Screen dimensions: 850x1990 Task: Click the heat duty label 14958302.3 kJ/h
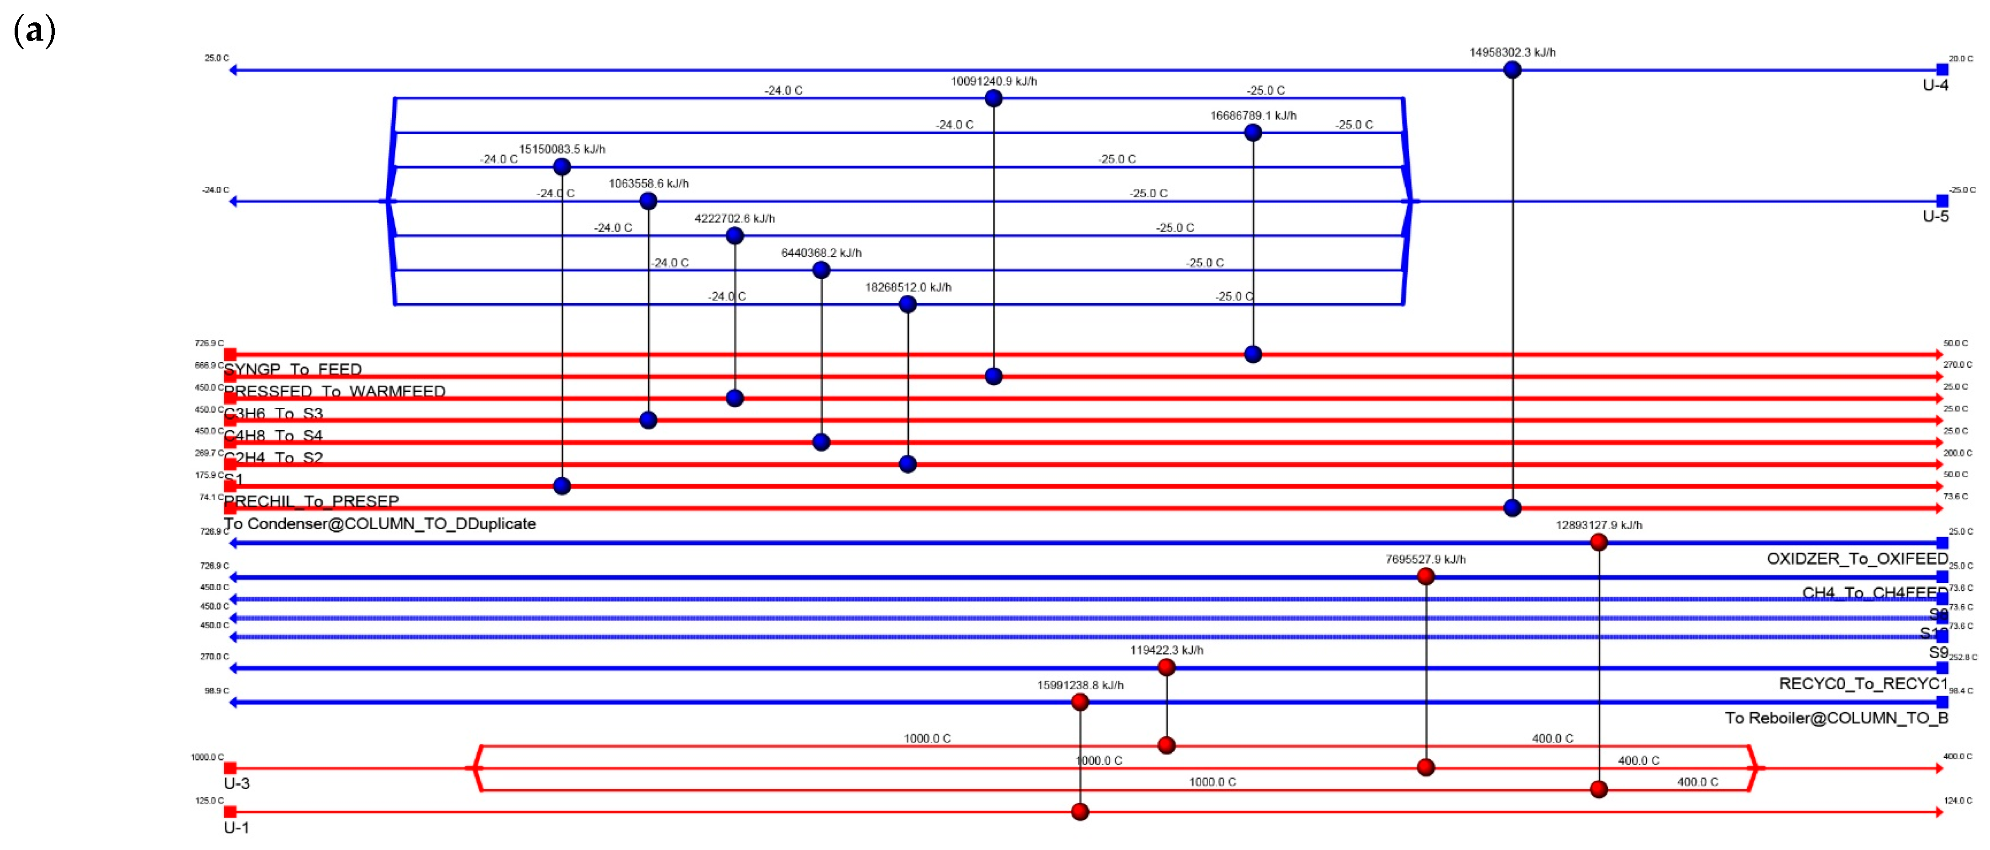[x=1512, y=53]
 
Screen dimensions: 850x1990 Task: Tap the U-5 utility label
[x=1935, y=216]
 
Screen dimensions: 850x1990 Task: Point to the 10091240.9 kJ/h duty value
[x=993, y=82]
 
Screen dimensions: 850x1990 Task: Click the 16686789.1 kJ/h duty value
[x=1253, y=116]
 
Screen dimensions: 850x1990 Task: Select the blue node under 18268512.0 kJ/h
[x=908, y=305]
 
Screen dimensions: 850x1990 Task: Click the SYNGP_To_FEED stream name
[x=293, y=370]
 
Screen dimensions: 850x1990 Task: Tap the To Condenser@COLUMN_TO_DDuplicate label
[x=380, y=524]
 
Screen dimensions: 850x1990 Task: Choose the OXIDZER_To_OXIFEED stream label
[x=1857, y=559]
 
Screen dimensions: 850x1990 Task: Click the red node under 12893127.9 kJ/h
[x=1598, y=543]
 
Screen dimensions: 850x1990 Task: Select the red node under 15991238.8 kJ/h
[x=1080, y=702]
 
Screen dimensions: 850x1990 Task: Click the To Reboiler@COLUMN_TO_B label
[x=1836, y=718]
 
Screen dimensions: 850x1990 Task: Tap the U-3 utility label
[x=236, y=784]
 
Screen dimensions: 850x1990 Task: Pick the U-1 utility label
[x=236, y=828]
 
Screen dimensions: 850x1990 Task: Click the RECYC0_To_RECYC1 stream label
[x=1863, y=684]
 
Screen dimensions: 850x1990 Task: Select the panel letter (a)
[x=35, y=31]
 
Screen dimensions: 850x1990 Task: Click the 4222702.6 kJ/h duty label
[x=735, y=219]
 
